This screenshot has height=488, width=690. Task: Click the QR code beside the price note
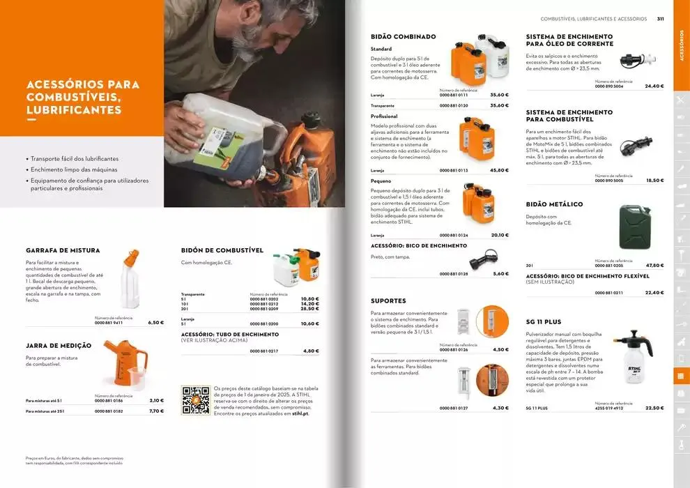(195, 400)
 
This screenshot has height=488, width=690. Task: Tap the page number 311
(660, 19)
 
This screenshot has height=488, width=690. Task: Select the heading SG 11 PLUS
(544, 322)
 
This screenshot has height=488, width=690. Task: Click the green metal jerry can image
(634, 227)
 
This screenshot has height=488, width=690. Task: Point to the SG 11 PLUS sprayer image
(633, 356)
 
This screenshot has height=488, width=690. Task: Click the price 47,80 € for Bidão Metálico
(654, 266)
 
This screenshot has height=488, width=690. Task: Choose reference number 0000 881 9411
(109, 323)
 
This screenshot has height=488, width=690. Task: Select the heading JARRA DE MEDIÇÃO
(59, 346)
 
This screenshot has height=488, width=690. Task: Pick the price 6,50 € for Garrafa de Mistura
(156, 323)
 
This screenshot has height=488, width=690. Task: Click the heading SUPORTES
(388, 301)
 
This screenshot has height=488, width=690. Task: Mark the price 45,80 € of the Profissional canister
(499, 170)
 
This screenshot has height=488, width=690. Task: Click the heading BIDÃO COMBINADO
(404, 36)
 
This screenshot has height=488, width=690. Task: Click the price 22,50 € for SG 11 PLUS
(654, 408)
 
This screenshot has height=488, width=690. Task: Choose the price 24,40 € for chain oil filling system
(654, 86)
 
